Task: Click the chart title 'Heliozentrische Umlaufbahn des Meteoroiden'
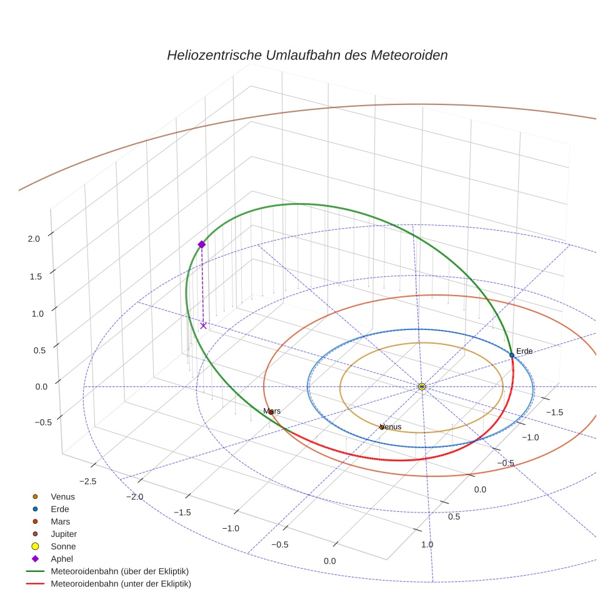(307, 55)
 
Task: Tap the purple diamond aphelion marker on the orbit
(201, 244)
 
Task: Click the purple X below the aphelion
(203, 326)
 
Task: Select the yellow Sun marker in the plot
(422, 386)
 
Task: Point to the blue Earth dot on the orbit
(512, 355)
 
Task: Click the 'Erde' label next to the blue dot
(524, 351)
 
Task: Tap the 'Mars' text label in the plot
(272, 411)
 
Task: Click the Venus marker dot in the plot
(382, 427)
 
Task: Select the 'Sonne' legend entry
(63, 546)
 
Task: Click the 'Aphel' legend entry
(62, 559)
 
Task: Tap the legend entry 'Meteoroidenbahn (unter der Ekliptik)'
(121, 584)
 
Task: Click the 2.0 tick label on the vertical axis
(34, 238)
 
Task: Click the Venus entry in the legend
(62, 497)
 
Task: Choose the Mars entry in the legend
(61, 521)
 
